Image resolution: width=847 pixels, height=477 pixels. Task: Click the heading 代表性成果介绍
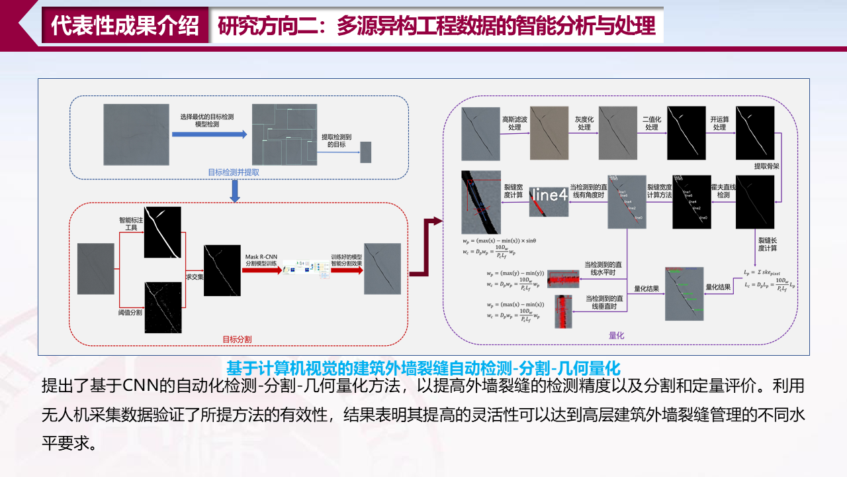pos(125,26)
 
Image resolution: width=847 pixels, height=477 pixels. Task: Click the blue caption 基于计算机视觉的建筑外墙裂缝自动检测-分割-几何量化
pos(422,366)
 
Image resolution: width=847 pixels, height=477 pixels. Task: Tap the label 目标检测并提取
pos(234,172)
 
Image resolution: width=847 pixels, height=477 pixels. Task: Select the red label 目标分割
pos(236,339)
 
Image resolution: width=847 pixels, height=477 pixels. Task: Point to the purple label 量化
pos(616,336)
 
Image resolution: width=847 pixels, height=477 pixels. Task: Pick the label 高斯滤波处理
pos(513,123)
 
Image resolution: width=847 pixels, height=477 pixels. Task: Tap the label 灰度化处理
pos(582,123)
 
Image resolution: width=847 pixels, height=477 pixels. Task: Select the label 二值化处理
pos(651,123)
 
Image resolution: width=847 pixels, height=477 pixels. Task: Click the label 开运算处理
pos(719,123)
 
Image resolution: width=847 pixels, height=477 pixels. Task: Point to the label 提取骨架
pos(766,166)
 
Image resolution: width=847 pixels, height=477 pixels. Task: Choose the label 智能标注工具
pos(130,223)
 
